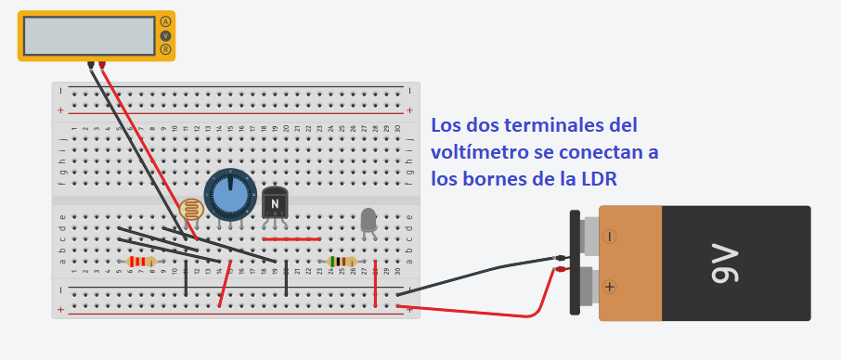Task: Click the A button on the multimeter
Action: (166, 21)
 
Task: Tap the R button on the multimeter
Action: (166, 49)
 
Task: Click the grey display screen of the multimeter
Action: (88, 35)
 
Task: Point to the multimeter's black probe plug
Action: (91, 65)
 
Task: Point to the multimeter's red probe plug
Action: (102, 65)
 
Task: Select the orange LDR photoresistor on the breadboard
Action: (192, 211)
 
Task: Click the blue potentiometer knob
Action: (229, 193)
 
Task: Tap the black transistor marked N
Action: (276, 202)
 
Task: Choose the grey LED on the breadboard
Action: (369, 219)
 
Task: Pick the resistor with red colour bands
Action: (140, 262)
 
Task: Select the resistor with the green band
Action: (342, 262)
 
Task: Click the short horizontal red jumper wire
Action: (291, 238)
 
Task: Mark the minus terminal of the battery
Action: (609, 237)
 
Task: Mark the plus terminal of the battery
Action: (609, 287)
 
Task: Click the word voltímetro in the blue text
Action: (479, 150)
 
